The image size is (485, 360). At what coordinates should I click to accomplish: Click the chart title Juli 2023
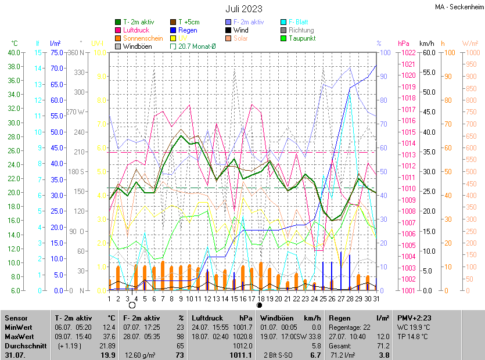click(244, 9)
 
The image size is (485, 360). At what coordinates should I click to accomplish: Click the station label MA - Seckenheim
click(459, 7)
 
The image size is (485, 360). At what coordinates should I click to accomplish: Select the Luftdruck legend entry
click(137, 30)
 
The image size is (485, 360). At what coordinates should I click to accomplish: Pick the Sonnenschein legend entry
click(143, 38)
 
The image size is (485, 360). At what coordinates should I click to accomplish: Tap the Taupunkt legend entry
click(301, 38)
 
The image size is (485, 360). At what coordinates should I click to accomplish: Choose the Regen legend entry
click(187, 30)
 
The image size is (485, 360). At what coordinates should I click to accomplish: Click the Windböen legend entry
click(138, 46)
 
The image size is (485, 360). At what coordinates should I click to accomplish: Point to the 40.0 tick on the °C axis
click(13, 52)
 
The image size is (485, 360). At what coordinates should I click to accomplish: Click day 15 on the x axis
click(233, 299)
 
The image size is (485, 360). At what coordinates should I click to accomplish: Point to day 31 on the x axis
click(376, 299)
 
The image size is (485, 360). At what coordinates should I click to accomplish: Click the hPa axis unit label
click(404, 44)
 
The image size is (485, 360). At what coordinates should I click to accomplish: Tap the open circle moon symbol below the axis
click(132, 305)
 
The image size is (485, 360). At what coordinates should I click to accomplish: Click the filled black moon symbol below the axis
click(260, 305)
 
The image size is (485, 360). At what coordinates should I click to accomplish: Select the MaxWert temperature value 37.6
click(108, 336)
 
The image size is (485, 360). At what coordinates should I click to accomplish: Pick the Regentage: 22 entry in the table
click(350, 327)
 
